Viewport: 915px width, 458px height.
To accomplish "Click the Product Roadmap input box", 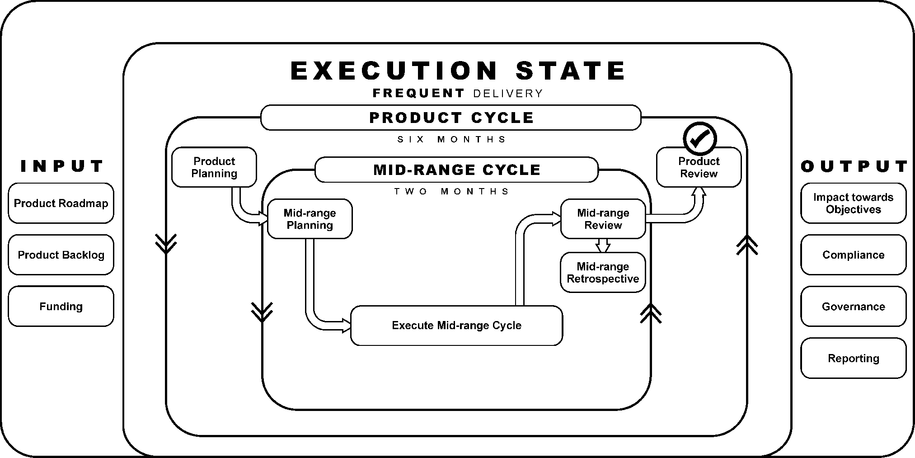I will coord(61,203).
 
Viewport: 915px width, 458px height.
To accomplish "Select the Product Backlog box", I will coord(61,255).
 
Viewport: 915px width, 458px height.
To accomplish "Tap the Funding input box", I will coord(61,306).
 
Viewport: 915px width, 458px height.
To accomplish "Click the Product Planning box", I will coord(214,167).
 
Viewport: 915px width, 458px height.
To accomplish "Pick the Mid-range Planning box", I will coord(310,219).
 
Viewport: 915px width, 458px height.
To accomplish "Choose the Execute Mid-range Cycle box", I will coord(456,326).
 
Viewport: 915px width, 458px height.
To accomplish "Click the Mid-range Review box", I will coord(603,219).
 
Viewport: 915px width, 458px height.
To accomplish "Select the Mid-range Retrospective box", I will coord(603,273).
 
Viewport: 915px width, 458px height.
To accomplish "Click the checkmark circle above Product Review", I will coord(699,138).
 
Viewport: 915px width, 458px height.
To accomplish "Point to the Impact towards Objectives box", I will coord(853,203).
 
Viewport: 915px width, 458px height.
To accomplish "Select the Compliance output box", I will coord(853,255).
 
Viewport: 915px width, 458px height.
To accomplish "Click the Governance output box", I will coord(853,306).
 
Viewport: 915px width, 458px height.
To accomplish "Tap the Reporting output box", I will coord(853,358).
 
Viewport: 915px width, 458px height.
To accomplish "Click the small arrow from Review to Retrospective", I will coord(603,246).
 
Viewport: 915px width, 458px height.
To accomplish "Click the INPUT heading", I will coord(62,166).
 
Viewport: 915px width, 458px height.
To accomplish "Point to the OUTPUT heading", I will coord(854,166).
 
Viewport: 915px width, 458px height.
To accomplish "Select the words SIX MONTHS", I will coord(451,139).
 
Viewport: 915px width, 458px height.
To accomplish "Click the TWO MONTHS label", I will coord(451,191).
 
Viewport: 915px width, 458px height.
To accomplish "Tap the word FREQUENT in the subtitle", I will coord(418,93).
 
